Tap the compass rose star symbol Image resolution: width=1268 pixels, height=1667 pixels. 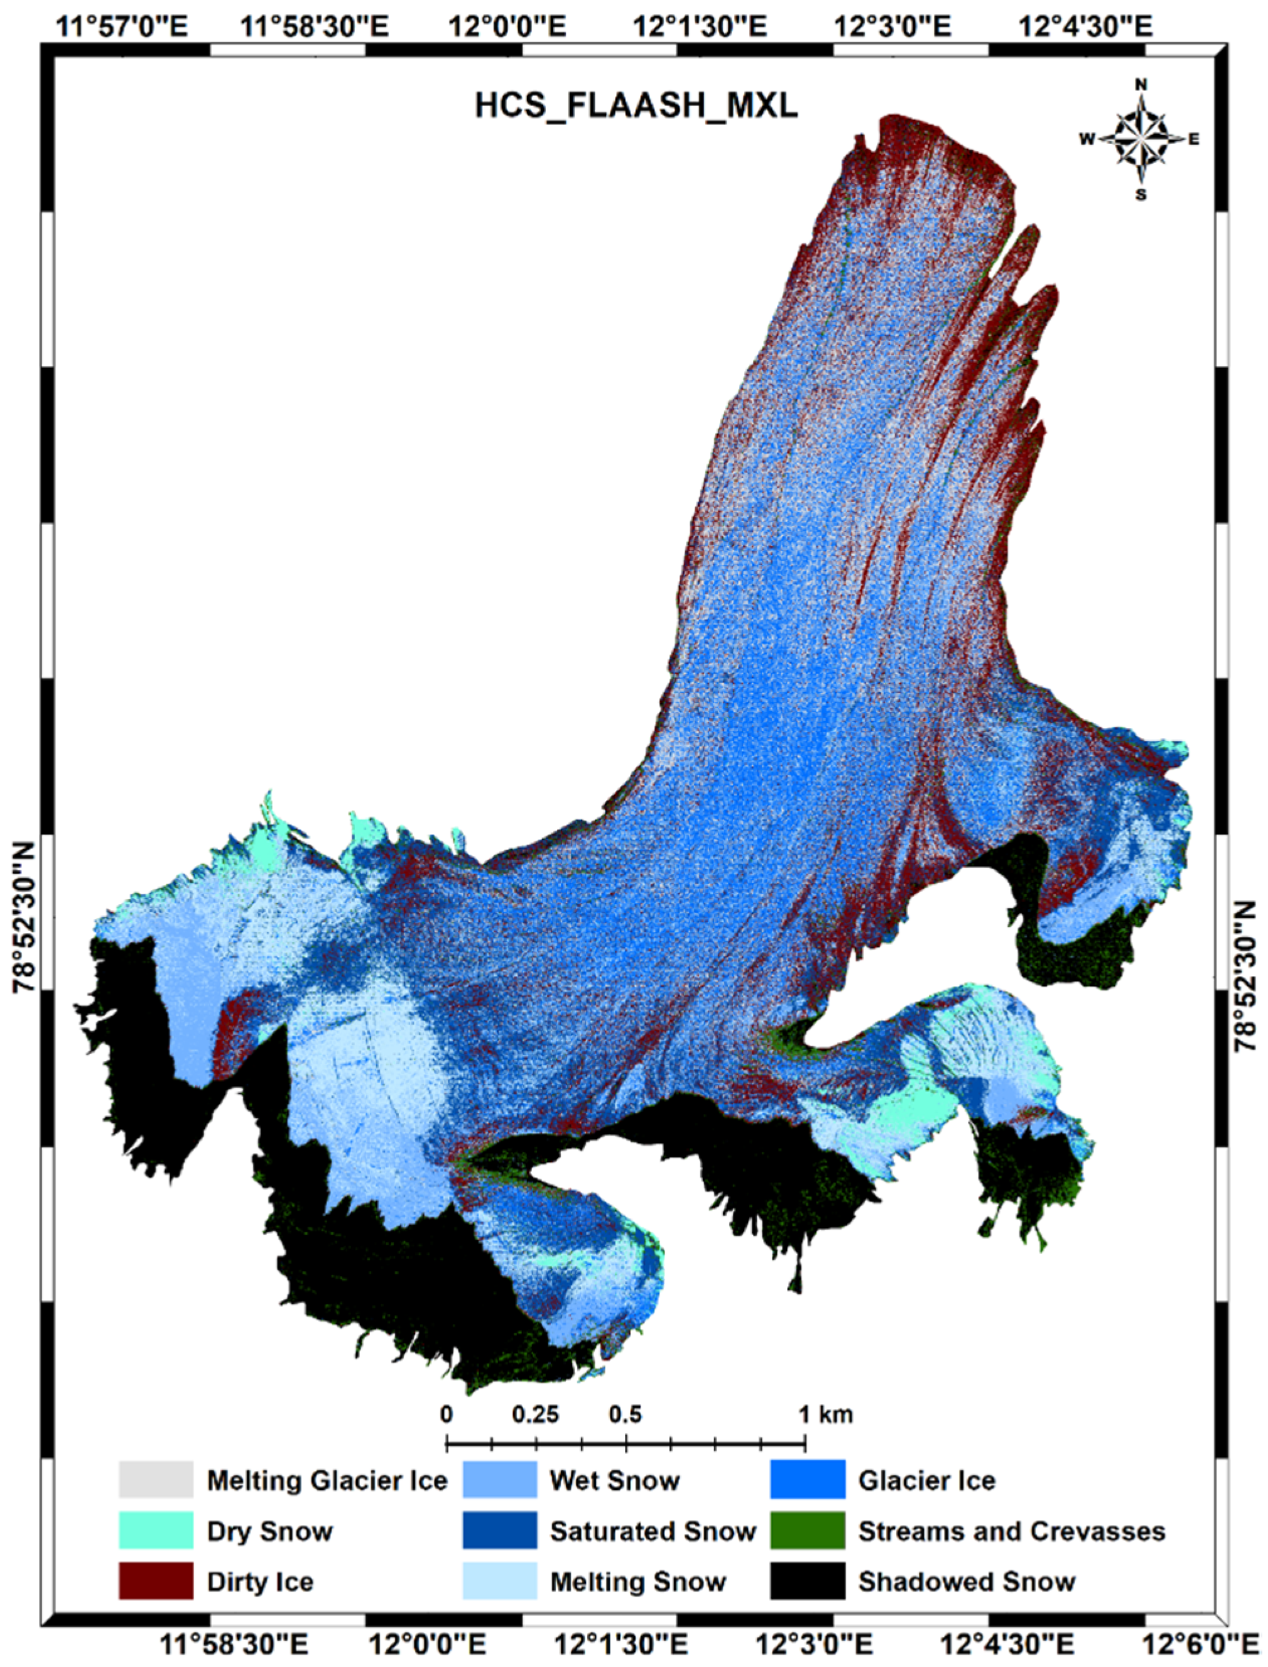(x=1141, y=139)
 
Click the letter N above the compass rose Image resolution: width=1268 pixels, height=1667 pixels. (x=1141, y=85)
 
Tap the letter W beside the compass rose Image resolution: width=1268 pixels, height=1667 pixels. (x=1087, y=139)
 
